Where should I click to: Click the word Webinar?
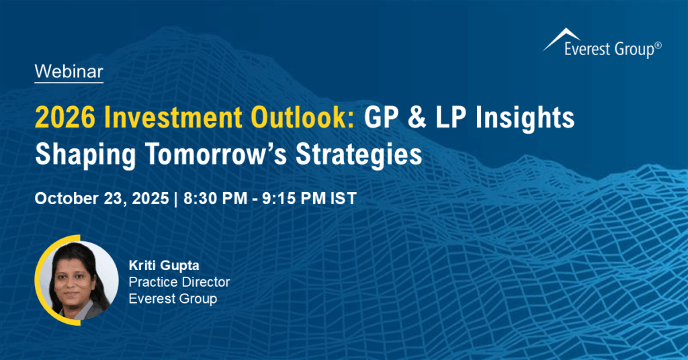tap(69, 71)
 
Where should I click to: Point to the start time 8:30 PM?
tap(209, 199)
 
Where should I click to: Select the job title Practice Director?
tap(179, 281)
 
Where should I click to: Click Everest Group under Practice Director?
tap(173, 299)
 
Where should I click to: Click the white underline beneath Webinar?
tap(69, 83)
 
